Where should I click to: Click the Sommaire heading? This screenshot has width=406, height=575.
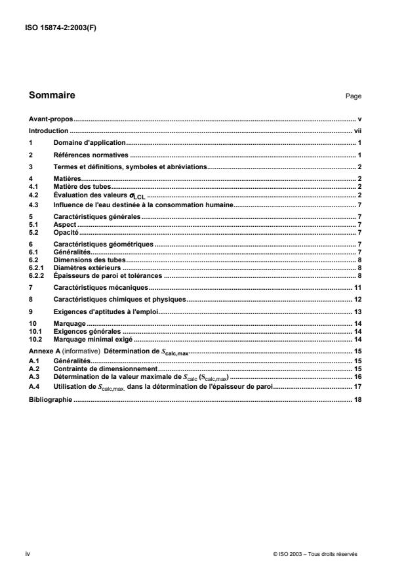[x=52, y=95]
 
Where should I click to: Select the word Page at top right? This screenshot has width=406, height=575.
[x=354, y=96]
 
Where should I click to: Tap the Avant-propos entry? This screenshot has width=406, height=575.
[x=51, y=120]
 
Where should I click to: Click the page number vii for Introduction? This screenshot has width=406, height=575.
[x=358, y=131]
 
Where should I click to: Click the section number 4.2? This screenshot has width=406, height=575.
[x=34, y=194]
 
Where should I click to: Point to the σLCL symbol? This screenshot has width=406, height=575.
[x=140, y=195]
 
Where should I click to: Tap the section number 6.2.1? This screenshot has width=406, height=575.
[x=37, y=268]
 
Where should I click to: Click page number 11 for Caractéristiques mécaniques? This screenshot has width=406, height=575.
[x=358, y=287]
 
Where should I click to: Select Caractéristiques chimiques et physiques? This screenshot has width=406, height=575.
[x=119, y=299]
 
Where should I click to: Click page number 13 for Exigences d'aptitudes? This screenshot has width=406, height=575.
[x=358, y=311]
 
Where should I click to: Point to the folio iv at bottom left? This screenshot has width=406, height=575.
[x=28, y=554]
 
